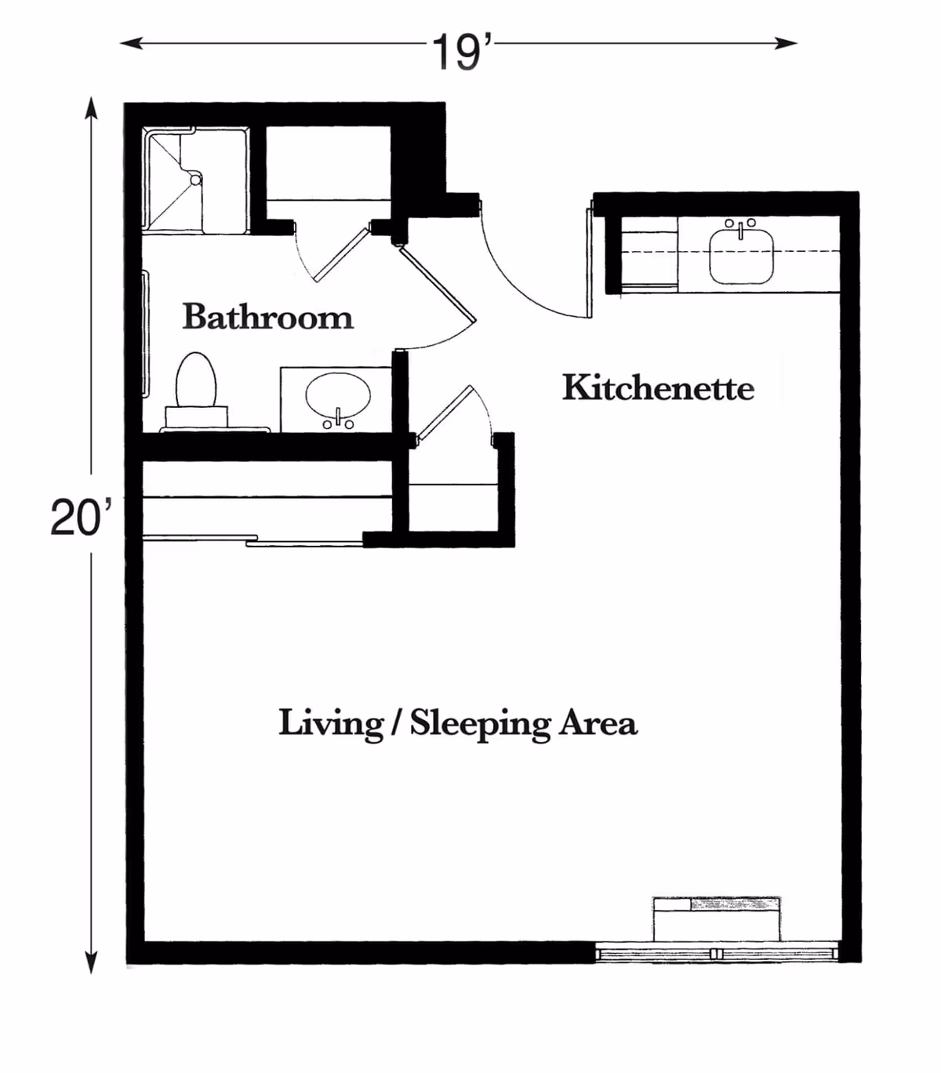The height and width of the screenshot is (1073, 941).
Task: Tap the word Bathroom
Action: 267,317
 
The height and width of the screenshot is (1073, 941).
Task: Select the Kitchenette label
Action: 658,388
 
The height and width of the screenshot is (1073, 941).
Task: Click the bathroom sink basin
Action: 337,397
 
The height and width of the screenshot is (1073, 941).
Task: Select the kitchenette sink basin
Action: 741,256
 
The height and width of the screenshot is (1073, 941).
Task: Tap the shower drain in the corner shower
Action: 195,179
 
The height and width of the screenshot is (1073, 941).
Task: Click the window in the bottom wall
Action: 715,954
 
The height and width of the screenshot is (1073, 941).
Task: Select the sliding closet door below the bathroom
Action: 251,540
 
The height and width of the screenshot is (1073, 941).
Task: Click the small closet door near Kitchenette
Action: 445,411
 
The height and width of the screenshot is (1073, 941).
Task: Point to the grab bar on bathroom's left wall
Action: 146,333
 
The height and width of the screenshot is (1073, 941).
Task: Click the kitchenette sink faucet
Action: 740,229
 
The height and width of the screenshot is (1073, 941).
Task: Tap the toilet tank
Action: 196,417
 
